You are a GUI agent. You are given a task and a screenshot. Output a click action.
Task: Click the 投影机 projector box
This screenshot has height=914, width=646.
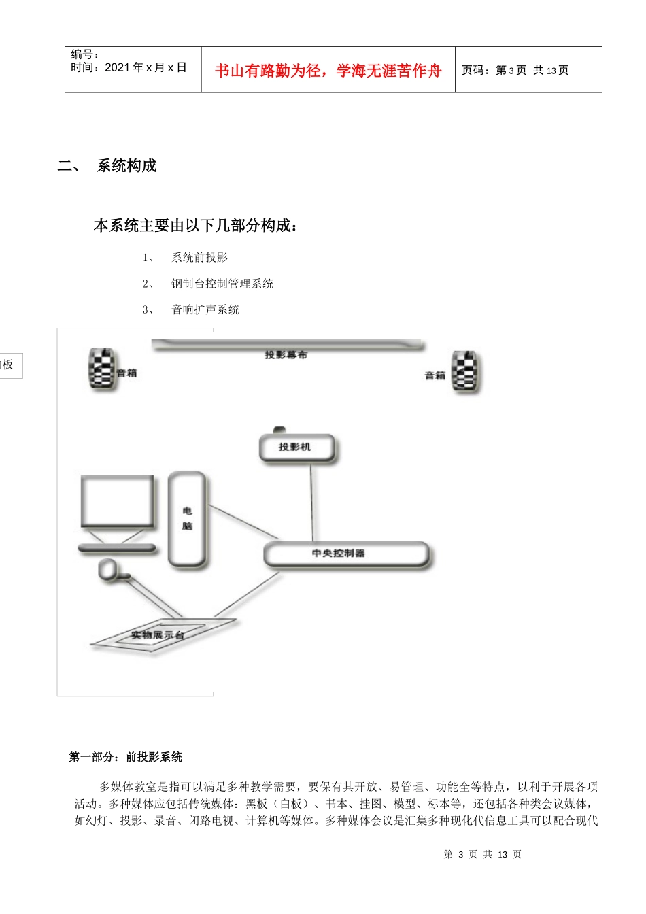pyautogui.click(x=297, y=447)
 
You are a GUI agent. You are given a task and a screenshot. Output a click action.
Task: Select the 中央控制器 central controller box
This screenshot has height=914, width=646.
pyautogui.click(x=346, y=554)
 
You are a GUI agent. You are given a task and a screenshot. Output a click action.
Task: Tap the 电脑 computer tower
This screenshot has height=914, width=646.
pyautogui.click(x=187, y=519)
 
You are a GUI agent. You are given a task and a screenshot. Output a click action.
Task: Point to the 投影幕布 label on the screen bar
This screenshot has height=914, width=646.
pyautogui.click(x=286, y=354)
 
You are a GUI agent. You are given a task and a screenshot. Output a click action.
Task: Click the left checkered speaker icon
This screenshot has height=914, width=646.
pyautogui.click(x=102, y=369)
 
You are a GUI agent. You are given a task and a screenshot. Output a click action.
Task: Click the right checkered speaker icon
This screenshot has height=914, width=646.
pyautogui.click(x=466, y=372)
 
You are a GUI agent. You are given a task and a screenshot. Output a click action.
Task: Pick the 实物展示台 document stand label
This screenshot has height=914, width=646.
pyautogui.click(x=158, y=635)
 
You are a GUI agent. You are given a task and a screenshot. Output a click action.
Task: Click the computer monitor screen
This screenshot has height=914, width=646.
pyautogui.click(x=117, y=502)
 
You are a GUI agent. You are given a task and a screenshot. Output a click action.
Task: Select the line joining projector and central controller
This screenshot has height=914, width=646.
pyautogui.click(x=312, y=502)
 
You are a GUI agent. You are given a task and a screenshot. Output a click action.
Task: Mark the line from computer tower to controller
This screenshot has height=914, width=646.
pyautogui.click(x=243, y=522)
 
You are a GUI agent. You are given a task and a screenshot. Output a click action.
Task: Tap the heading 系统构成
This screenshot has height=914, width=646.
pyautogui.click(x=126, y=166)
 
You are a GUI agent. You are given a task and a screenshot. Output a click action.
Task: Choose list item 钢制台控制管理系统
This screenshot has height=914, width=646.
pyautogui.click(x=222, y=284)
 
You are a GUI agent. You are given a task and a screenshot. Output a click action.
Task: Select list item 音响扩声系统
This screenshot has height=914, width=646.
pyautogui.click(x=205, y=310)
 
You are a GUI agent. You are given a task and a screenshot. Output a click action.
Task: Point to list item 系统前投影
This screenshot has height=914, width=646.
pyautogui.click(x=200, y=258)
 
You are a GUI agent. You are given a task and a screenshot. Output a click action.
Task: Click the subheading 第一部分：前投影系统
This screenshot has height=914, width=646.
pyautogui.click(x=126, y=757)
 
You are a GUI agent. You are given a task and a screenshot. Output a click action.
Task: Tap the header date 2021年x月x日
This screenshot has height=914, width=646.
pyautogui.click(x=145, y=67)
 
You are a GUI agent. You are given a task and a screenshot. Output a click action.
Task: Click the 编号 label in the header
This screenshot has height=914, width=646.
pyautogui.click(x=85, y=54)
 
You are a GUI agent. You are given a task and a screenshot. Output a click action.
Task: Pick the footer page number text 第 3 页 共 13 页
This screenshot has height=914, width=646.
pyautogui.click(x=482, y=855)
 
